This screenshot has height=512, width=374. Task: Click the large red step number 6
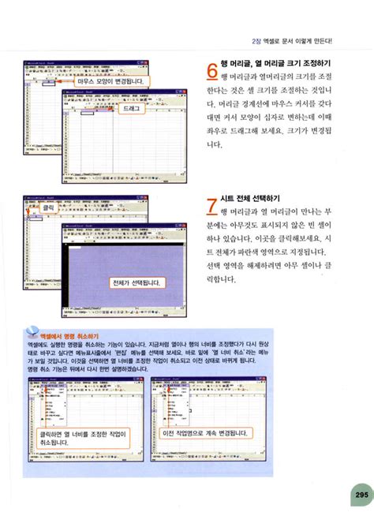211,71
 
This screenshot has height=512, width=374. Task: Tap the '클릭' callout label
48,207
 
